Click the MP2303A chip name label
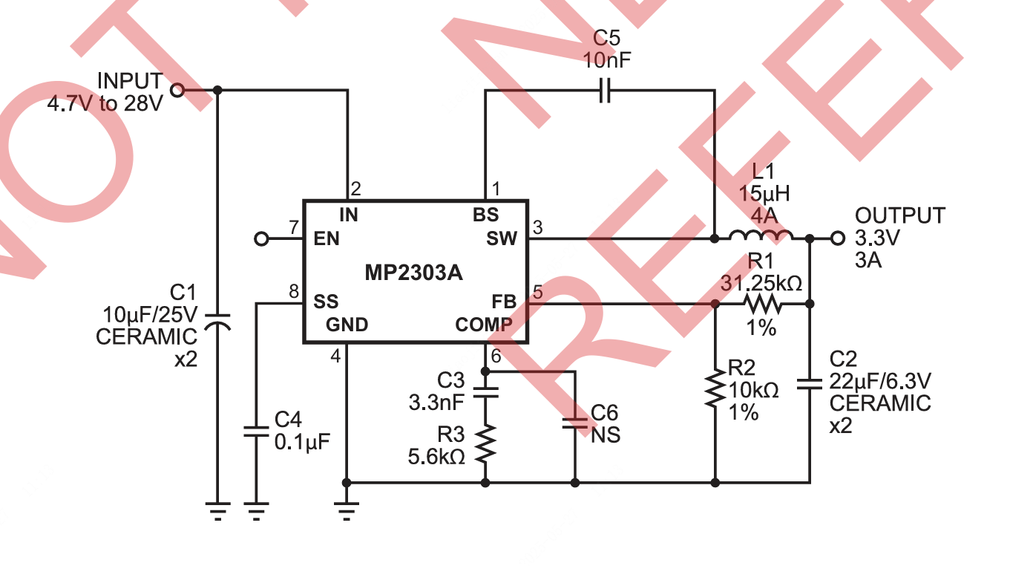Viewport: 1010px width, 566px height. (x=413, y=273)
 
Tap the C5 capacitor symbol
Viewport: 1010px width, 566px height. (x=605, y=91)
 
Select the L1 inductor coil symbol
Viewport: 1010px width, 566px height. (x=760, y=237)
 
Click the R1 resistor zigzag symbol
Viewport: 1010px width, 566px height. (x=762, y=304)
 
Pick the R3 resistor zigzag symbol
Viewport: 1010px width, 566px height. (x=485, y=443)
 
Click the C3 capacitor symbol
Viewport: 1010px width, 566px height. (x=485, y=392)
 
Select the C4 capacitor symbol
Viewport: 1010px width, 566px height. (x=255, y=432)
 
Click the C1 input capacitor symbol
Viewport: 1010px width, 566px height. (x=217, y=322)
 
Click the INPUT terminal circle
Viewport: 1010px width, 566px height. (x=177, y=90)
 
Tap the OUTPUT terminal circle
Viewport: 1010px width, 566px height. (x=838, y=238)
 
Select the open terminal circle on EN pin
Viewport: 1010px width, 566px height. (x=260, y=239)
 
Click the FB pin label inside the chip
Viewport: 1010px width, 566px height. (x=504, y=302)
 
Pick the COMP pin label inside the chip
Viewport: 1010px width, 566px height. (x=483, y=325)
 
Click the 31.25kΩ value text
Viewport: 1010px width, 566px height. (x=761, y=284)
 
